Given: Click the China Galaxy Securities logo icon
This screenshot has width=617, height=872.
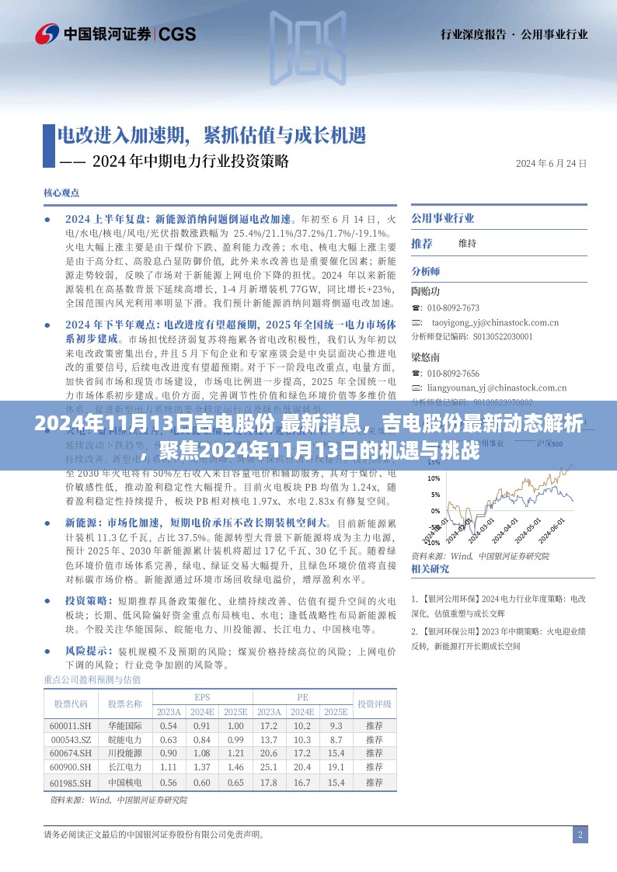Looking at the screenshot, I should (47, 33).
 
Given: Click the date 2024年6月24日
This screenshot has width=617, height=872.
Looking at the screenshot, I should (551, 163).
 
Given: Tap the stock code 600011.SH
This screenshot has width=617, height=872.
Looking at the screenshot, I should (71, 725).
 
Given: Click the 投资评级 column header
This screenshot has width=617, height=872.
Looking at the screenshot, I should (374, 704).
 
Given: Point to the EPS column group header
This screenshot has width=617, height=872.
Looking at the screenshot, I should (202, 697).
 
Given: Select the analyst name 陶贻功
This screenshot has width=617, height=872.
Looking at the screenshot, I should (425, 292).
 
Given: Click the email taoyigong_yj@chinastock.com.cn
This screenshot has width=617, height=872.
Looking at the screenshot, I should (496, 321).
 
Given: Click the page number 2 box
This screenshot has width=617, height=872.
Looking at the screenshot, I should (580, 836).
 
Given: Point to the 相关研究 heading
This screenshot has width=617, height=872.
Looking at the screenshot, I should (430, 568).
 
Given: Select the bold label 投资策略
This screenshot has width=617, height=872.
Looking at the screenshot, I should (85, 601).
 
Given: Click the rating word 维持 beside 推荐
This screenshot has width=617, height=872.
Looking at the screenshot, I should (467, 244).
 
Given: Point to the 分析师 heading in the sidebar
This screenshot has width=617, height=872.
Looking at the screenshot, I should (425, 271).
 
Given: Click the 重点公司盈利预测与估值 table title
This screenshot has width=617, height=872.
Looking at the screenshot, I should (92, 680).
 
